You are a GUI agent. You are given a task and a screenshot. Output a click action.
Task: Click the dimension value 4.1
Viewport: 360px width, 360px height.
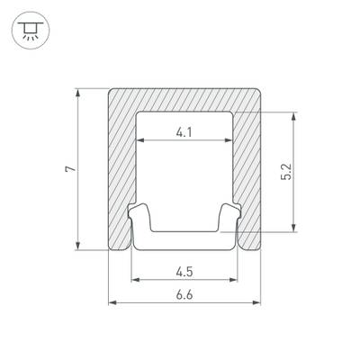coord(184,132)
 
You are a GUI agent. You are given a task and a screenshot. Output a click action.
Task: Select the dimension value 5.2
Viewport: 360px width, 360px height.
coord(287,172)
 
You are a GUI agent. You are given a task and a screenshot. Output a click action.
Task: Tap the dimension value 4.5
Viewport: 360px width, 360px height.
coord(184,272)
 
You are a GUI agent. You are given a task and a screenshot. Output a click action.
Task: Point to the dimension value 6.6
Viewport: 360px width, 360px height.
coord(184,295)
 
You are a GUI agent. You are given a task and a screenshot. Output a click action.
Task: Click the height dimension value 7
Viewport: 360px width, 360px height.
coord(71,168)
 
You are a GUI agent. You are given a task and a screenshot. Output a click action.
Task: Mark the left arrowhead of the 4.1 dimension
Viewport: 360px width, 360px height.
coord(140,140)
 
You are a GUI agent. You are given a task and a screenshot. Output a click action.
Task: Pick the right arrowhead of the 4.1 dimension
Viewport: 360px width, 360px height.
coord(229,140)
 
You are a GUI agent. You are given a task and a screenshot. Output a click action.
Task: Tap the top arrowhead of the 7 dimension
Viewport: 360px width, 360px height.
coord(78,93)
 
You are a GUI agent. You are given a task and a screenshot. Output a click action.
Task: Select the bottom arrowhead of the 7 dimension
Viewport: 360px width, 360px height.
coord(78,246)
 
